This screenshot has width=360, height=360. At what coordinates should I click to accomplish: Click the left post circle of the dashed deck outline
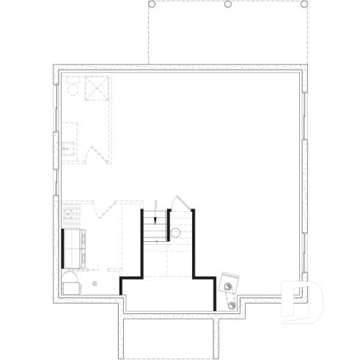point(153,4)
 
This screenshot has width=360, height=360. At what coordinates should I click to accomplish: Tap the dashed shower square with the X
point(97,89)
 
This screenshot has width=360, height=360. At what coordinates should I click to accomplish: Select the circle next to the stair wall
point(175,233)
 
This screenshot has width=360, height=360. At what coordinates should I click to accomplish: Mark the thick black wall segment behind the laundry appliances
point(64,248)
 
